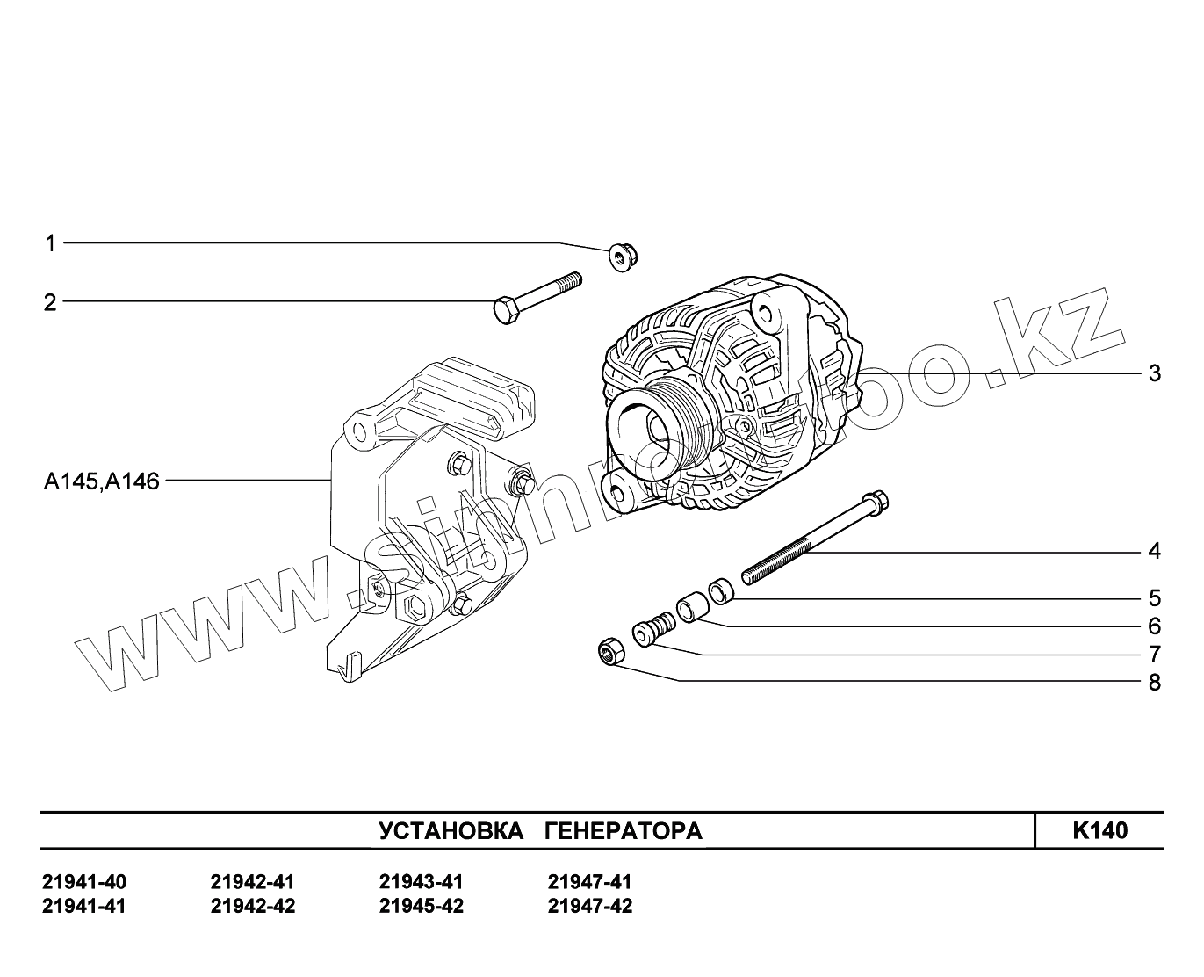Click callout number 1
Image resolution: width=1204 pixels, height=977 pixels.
point(50,242)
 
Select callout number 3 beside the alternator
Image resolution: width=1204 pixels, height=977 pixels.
point(1154,373)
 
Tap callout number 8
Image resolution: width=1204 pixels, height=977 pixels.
point(1154,683)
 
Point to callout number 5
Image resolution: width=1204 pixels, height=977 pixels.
point(1154,598)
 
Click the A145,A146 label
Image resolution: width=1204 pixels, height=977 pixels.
point(102,481)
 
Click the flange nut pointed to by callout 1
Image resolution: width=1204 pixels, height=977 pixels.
point(624,257)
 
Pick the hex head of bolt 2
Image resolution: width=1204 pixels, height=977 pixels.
point(506,310)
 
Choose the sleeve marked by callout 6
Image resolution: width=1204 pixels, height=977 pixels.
point(690,606)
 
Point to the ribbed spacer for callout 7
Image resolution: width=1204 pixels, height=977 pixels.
point(653,631)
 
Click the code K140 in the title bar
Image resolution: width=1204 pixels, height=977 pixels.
point(1099,831)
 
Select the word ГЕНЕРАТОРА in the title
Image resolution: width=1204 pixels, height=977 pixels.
point(623,831)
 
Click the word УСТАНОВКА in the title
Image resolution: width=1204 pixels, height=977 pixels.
point(451,831)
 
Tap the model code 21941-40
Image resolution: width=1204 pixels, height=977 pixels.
point(84,882)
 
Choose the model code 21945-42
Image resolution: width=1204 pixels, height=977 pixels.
point(422,907)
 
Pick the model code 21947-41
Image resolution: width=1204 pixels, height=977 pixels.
point(589,882)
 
